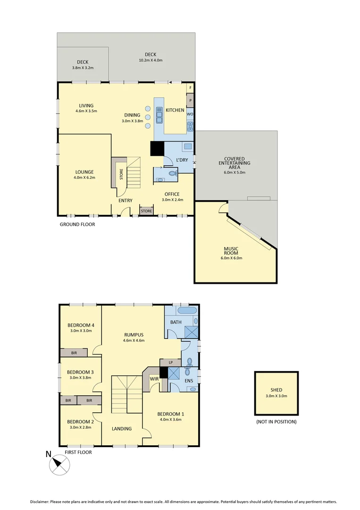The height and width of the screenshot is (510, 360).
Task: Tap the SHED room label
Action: (x=276, y=390)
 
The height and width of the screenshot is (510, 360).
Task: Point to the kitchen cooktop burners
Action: (x=190, y=126)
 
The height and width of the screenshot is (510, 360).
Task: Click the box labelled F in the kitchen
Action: (x=191, y=88)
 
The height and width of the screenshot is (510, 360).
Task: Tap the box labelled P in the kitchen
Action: (x=191, y=101)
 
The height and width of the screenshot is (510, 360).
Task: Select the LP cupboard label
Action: (x=171, y=362)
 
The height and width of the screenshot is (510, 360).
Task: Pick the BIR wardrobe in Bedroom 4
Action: (x=74, y=353)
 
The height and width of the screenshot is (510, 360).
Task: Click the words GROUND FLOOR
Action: (x=77, y=224)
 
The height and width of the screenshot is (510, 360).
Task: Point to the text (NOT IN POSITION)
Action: (x=276, y=422)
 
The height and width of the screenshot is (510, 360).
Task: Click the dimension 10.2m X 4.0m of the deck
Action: (x=151, y=60)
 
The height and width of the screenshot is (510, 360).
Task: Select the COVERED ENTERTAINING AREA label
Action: (x=237, y=163)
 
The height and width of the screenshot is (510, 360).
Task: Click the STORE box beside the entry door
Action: (x=146, y=211)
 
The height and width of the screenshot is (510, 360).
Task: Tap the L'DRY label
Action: (x=182, y=160)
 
